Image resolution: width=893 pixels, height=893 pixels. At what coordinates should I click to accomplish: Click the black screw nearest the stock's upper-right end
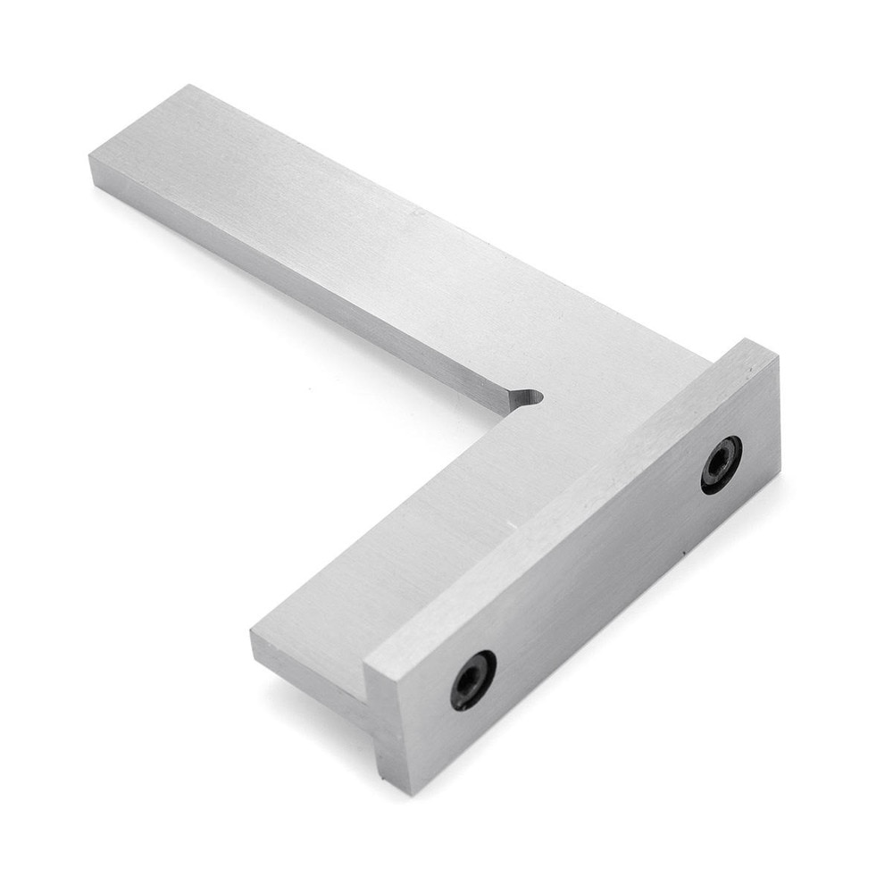coord(721,464)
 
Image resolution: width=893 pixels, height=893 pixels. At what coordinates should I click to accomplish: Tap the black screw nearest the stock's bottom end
coord(472,680)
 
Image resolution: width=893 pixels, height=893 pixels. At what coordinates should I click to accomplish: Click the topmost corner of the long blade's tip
coord(190,86)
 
